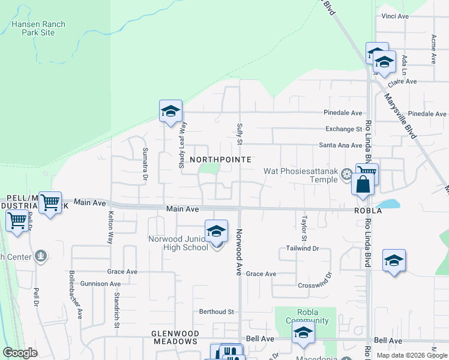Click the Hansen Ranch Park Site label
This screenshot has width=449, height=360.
(38, 28)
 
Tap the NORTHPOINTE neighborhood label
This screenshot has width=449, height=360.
(220, 160)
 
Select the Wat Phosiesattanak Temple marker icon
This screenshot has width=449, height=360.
(346, 175)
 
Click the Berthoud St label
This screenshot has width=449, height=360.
(216, 312)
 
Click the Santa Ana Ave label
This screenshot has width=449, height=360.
(340, 145)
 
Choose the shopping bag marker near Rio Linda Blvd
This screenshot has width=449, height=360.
(363, 184)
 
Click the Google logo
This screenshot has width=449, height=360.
(20, 353)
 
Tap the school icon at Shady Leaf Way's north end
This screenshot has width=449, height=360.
(170, 111)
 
